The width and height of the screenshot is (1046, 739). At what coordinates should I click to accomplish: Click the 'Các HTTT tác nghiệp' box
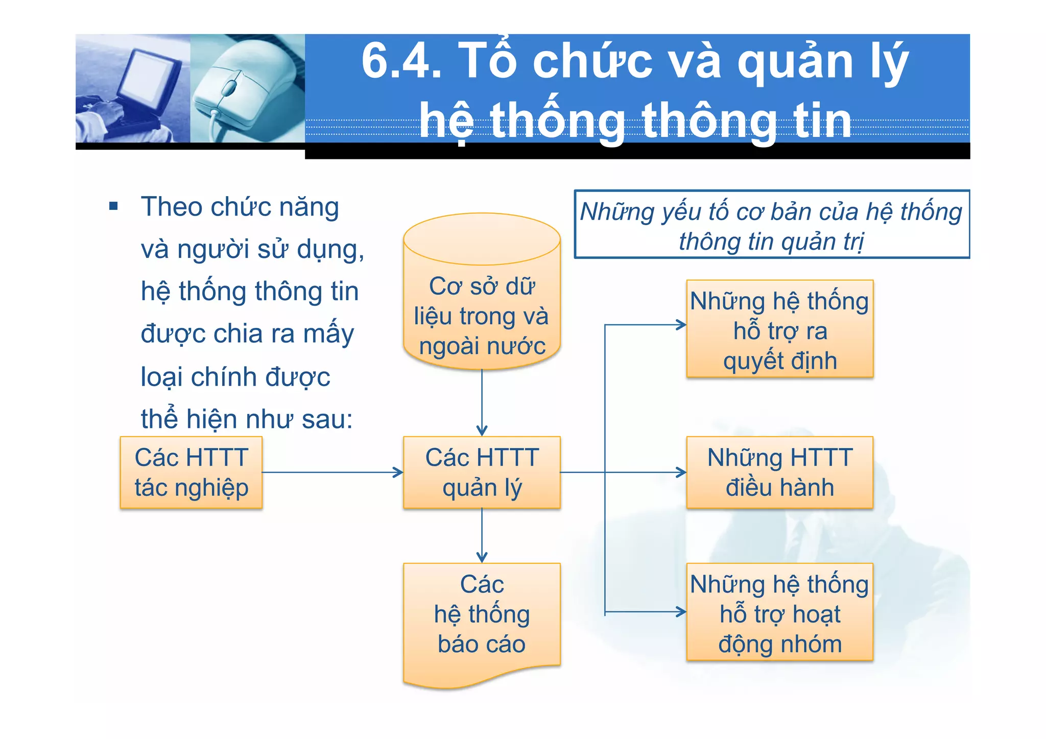191,472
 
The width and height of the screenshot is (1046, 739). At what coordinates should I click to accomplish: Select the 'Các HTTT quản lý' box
482,472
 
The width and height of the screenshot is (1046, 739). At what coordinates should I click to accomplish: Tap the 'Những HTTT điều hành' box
779,472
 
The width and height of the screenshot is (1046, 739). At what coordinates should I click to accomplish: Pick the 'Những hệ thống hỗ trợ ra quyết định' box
779,329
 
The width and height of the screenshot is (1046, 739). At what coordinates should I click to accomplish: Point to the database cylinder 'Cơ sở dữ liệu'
482,296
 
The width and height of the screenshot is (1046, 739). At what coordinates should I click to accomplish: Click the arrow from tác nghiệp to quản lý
332,472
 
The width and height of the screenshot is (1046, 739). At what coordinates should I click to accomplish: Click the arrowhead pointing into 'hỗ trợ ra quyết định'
681,325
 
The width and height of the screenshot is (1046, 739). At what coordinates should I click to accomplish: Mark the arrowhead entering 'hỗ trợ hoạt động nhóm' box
681,612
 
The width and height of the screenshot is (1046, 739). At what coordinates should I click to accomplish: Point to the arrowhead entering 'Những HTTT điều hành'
681,472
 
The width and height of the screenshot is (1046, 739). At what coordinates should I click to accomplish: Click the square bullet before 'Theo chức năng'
113,207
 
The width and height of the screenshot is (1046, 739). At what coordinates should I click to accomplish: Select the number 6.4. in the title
401,61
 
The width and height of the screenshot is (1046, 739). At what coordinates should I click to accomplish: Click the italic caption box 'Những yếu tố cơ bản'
771,225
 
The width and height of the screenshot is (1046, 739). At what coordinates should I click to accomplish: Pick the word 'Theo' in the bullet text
172,207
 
